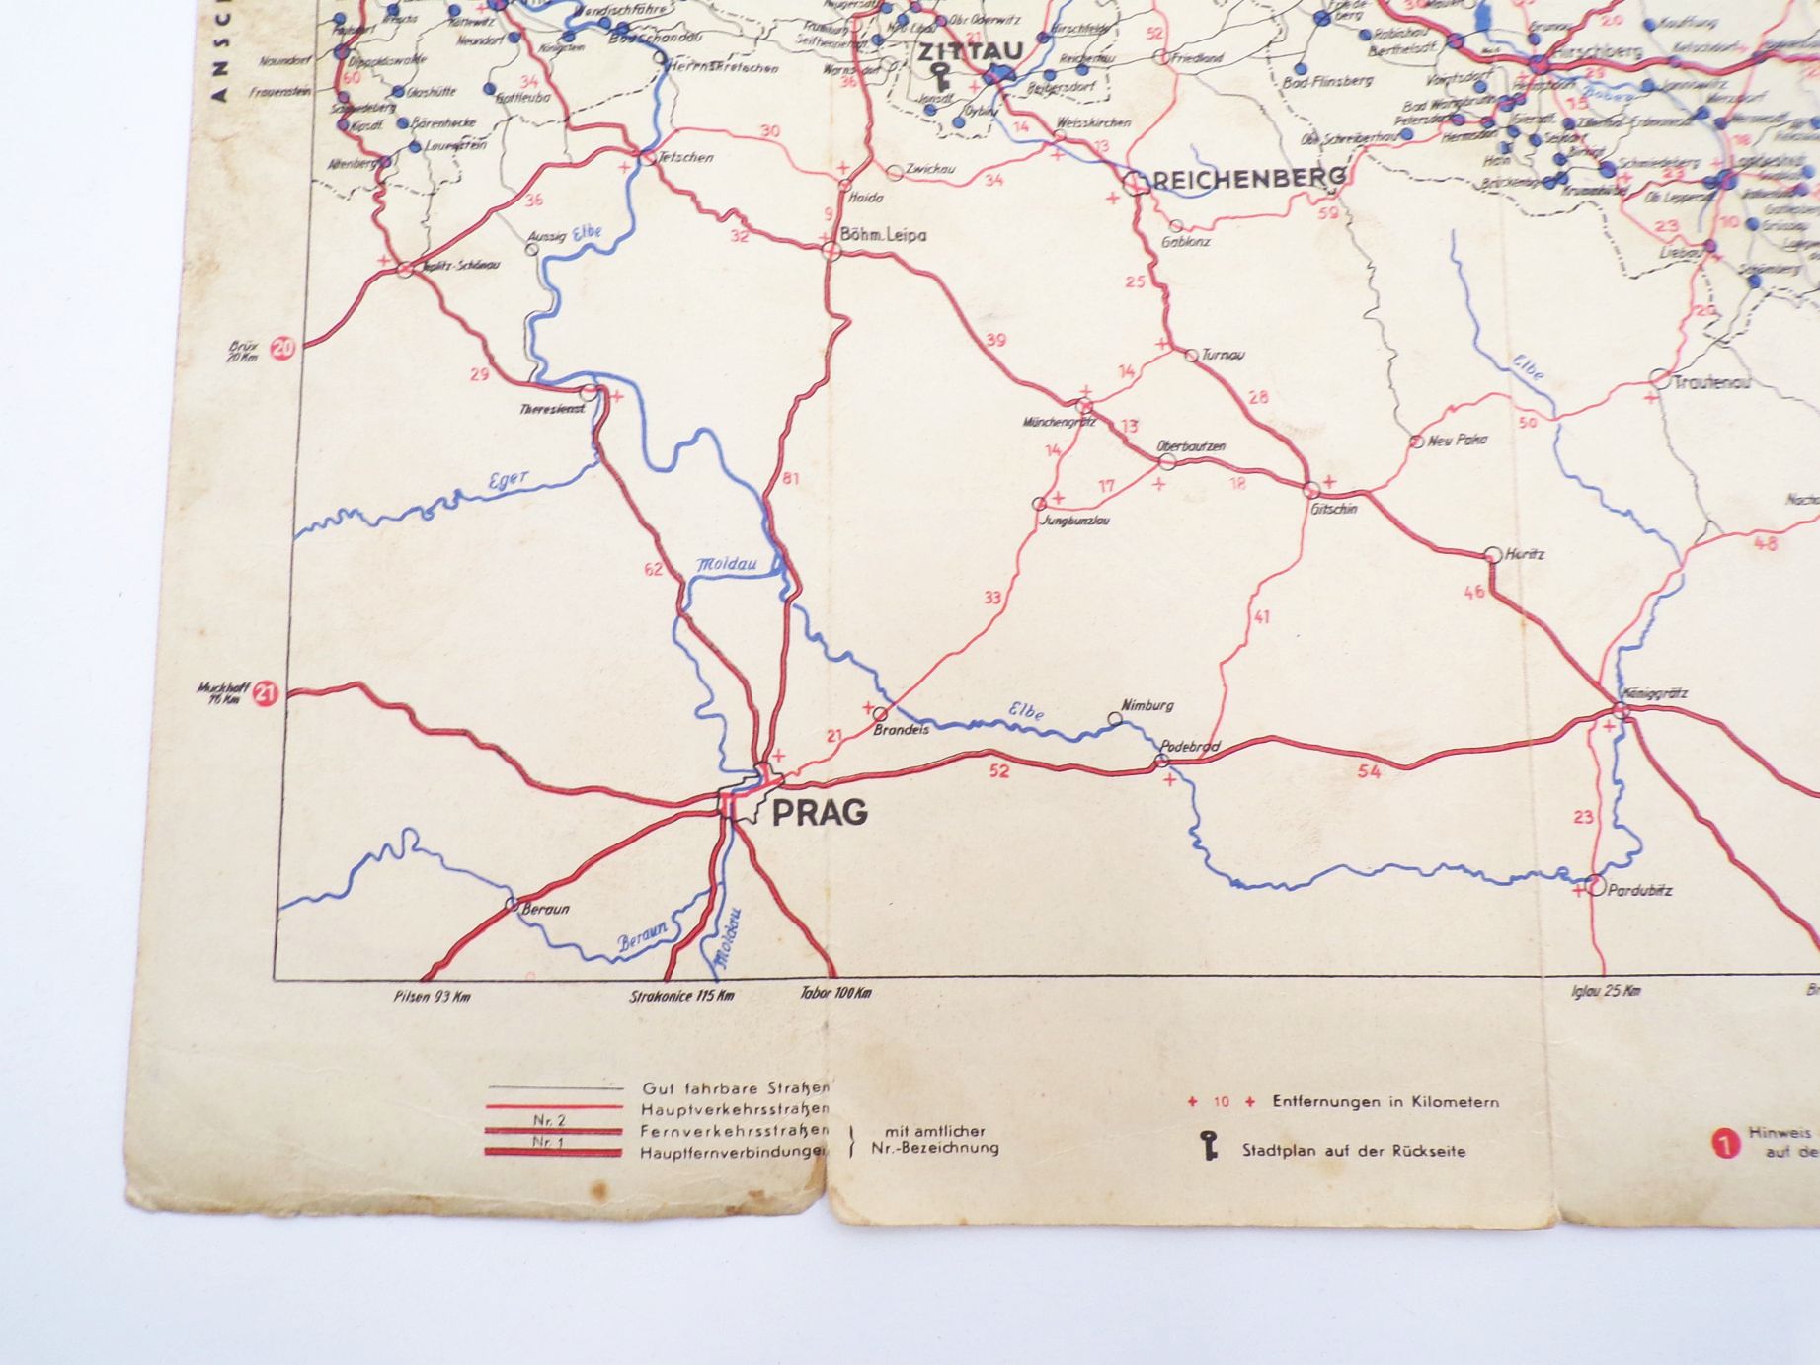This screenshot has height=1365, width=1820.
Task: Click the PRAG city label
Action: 819,812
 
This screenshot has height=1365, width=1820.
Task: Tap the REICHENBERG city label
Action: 1248,178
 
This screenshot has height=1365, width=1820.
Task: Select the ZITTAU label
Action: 970,51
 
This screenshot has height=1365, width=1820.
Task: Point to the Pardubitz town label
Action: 1639,890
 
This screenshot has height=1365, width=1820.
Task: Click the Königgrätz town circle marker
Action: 1622,711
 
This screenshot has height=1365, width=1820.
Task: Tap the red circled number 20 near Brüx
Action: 283,348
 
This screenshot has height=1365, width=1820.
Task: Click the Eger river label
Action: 509,481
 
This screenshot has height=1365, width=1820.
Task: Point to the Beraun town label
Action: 545,909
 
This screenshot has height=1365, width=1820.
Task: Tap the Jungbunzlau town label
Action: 1074,520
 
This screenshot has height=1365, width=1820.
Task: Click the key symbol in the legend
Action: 1209,1148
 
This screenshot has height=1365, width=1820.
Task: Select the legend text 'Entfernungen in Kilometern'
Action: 1385,1102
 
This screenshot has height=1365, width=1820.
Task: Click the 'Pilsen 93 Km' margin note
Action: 432,996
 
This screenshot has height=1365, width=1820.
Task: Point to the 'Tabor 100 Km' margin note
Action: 835,993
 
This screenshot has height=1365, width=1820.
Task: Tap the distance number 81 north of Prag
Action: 790,480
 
